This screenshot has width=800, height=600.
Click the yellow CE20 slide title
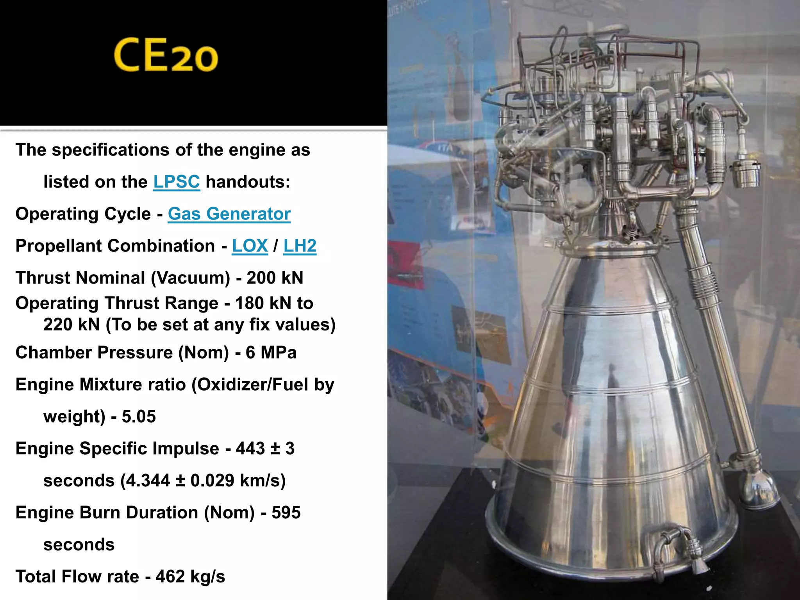coord(166,55)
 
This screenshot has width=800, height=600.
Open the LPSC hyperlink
coord(177,182)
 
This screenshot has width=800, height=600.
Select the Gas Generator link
coord(229,214)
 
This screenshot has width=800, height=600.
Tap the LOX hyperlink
coord(250,246)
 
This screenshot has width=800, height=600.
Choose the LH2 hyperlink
coord(300,246)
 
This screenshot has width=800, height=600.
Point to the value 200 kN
coord(275,278)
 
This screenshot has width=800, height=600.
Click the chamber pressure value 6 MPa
coord(271,353)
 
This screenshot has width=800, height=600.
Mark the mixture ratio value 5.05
coord(139,417)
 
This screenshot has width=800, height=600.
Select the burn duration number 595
coord(286,513)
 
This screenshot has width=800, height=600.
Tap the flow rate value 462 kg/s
coord(190,577)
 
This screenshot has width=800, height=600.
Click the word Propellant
coord(62,246)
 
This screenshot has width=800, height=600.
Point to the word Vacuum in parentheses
coord(191,278)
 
